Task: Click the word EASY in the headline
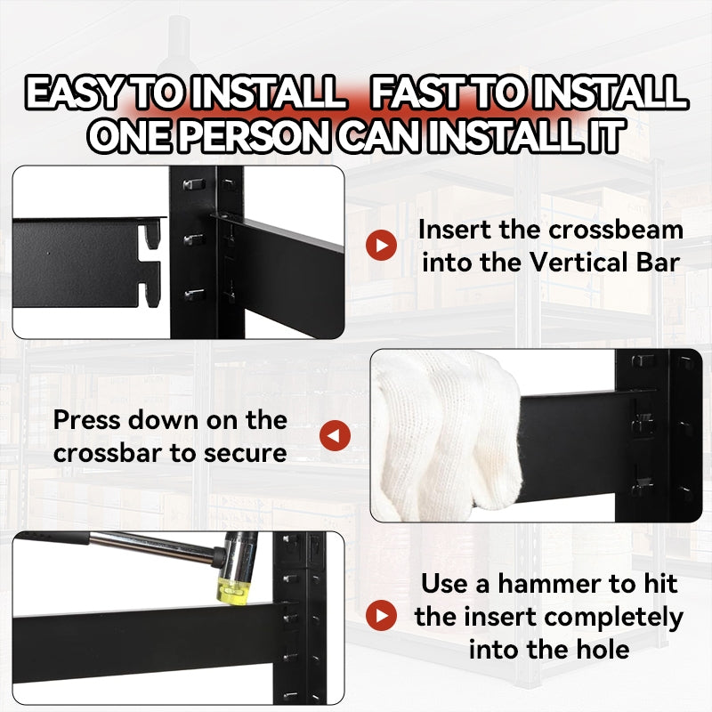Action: point(72,93)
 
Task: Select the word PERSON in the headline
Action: point(255,135)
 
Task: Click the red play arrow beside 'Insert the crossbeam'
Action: point(382,246)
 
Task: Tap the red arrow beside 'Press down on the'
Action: point(336,436)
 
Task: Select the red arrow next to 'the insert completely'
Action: point(382,615)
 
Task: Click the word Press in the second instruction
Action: point(87,420)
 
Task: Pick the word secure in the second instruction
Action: point(246,454)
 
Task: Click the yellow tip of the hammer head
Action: point(234,591)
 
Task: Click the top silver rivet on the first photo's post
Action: point(194,185)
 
